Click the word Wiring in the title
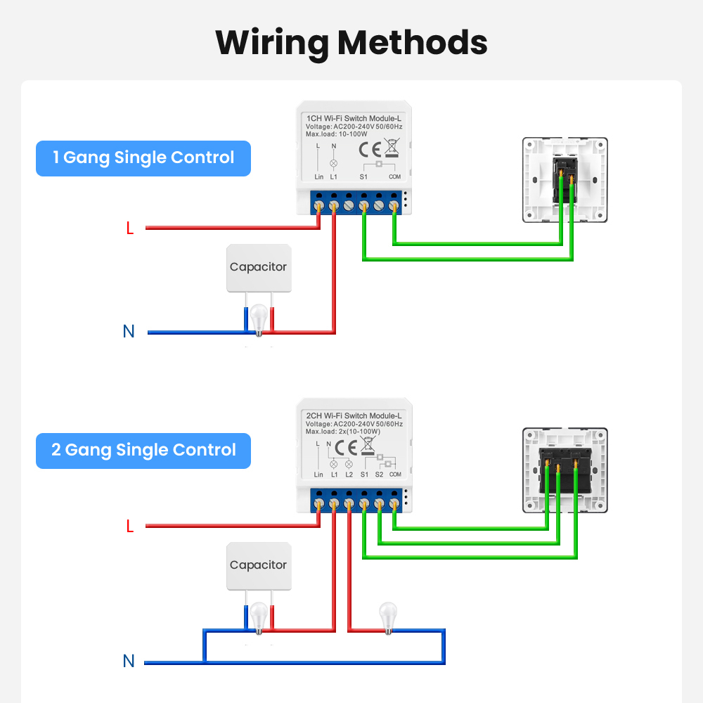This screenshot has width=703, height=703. (x=272, y=44)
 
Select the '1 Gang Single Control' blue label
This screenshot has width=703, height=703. (x=143, y=158)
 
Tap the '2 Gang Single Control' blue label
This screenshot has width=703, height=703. (x=143, y=451)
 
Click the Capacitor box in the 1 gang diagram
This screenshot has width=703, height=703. (x=259, y=268)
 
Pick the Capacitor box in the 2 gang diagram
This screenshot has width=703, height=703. (x=259, y=566)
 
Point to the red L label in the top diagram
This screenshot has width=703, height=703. (x=130, y=228)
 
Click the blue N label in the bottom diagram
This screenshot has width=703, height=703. (x=129, y=661)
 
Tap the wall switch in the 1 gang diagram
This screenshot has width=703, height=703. (x=565, y=180)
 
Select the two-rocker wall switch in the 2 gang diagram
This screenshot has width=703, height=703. (x=565, y=470)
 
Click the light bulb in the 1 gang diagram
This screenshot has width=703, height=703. (x=259, y=320)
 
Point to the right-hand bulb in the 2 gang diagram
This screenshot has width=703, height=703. (x=388, y=618)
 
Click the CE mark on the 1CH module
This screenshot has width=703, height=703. (x=370, y=150)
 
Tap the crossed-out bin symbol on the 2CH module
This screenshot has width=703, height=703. (x=368, y=446)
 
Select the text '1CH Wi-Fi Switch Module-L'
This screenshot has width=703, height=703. (x=354, y=118)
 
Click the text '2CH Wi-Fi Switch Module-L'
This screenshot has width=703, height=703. (x=354, y=415)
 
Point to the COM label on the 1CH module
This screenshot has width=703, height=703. (x=394, y=176)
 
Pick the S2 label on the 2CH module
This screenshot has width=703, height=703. (x=380, y=475)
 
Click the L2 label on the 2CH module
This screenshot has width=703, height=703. (x=349, y=475)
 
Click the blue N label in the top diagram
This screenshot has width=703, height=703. (x=129, y=331)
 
